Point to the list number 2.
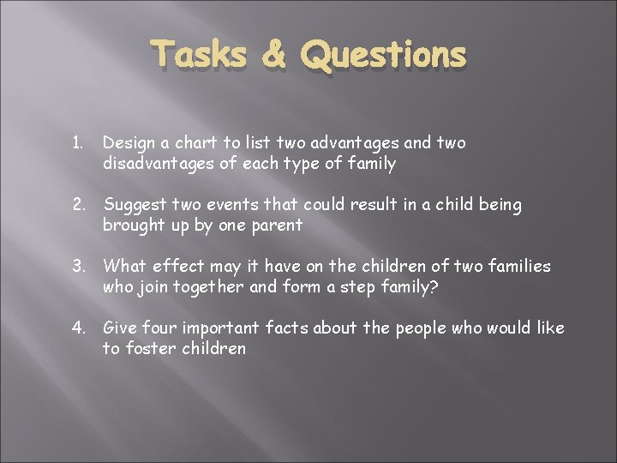(80, 205)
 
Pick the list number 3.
(80, 267)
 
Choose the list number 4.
(80, 328)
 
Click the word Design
(127, 143)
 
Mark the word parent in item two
(275, 225)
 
